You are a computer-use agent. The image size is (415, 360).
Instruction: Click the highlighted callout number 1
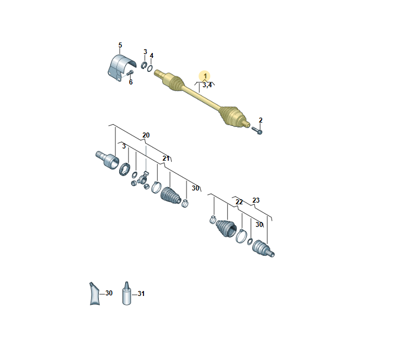tap(205, 76)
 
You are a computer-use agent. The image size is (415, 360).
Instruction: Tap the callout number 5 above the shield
tap(120, 45)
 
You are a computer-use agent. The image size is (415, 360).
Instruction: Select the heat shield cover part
tap(121, 68)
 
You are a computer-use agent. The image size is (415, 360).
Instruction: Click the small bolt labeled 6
tap(130, 72)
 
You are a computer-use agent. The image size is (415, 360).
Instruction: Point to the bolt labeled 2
tap(257, 130)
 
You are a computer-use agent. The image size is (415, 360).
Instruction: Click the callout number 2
tap(260, 120)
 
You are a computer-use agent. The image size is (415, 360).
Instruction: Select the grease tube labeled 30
tap(94, 294)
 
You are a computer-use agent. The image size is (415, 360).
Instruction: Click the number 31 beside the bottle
tap(141, 294)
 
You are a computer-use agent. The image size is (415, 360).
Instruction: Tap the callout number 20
tap(146, 135)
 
